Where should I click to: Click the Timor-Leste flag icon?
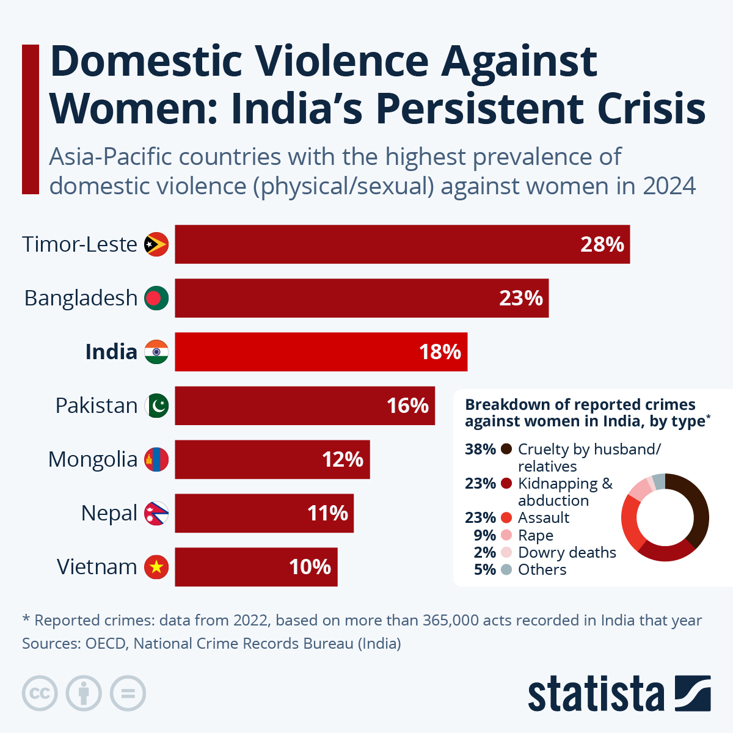(x=156, y=244)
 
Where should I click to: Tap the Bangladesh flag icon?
(x=156, y=298)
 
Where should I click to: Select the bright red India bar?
(x=321, y=352)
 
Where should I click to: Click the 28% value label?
(x=602, y=244)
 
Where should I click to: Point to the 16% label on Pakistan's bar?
(x=407, y=406)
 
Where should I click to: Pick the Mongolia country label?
(x=93, y=459)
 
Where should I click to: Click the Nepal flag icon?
(x=156, y=513)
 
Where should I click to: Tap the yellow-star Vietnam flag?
(x=156, y=567)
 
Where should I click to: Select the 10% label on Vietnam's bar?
(x=310, y=567)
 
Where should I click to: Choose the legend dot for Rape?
(x=506, y=535)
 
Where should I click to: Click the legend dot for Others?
(x=506, y=569)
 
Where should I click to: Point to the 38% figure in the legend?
(x=480, y=450)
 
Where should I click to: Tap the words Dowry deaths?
(x=567, y=552)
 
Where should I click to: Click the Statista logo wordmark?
(x=596, y=694)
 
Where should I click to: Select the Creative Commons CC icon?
(x=40, y=694)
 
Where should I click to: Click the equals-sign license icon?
(x=128, y=694)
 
